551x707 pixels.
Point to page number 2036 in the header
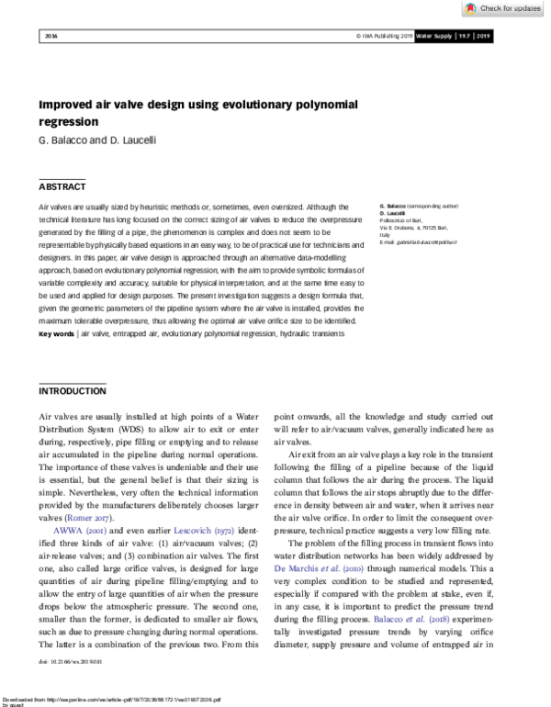point(51,36)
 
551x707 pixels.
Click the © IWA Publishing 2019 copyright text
point(383,36)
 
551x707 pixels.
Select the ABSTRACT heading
point(62,185)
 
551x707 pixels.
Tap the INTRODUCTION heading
point(73,390)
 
